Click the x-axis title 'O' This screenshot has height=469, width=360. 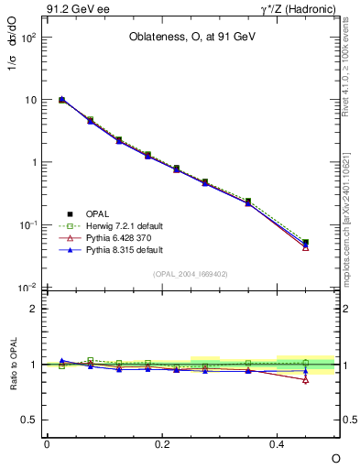tap(335, 458)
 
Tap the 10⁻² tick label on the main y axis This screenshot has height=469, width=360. tap(27, 288)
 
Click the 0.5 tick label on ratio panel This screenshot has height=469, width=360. tap(27, 420)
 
